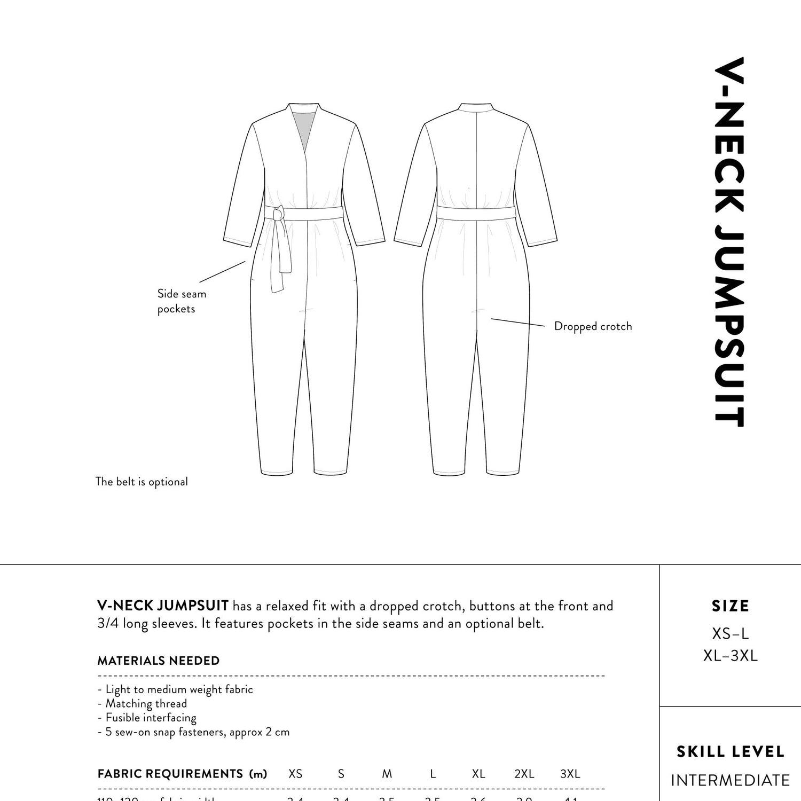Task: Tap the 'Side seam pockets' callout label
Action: tap(181, 301)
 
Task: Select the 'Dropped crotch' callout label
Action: tap(593, 326)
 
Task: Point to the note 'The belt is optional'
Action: tap(142, 482)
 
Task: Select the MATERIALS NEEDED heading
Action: tap(158, 661)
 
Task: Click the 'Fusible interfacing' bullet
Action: tap(151, 718)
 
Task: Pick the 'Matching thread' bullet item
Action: tap(146, 704)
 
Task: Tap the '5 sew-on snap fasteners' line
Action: tap(197, 732)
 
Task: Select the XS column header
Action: tap(295, 774)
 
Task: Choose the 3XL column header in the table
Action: tap(570, 774)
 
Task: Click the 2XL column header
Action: tap(524, 774)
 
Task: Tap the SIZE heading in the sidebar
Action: tap(730, 606)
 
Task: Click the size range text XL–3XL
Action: tap(730, 656)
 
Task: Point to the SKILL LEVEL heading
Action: tap(730, 752)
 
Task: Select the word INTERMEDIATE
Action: tap(730, 780)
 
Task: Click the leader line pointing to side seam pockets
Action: tap(222, 271)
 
